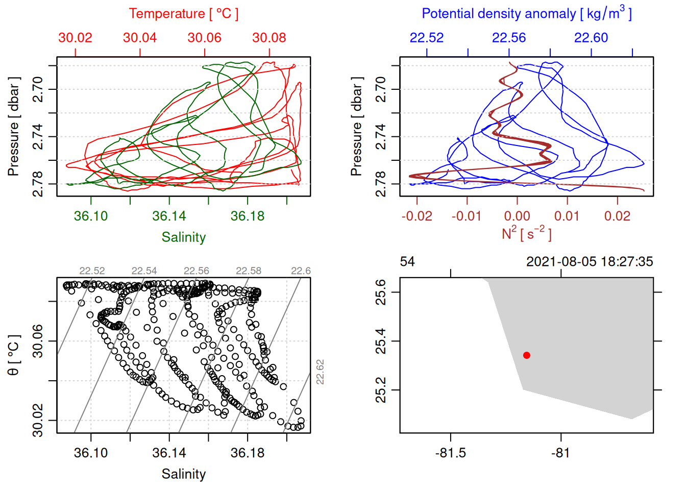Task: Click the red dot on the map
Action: (x=526, y=355)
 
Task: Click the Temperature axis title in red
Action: (x=183, y=14)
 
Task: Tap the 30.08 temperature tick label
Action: (x=269, y=38)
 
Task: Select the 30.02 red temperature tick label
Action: (x=75, y=38)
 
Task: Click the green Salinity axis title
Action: (x=183, y=237)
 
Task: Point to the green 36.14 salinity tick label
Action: (x=169, y=216)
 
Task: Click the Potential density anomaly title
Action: (x=526, y=14)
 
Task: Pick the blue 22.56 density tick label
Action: (x=509, y=38)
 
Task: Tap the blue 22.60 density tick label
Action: (x=591, y=38)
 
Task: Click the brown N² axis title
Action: (x=526, y=234)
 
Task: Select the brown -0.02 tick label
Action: (x=416, y=216)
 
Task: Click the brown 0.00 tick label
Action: (x=517, y=216)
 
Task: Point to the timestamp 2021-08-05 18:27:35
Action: (x=590, y=262)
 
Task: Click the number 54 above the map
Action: (x=407, y=262)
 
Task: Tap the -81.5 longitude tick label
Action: (x=450, y=453)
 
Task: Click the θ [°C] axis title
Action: (x=14, y=355)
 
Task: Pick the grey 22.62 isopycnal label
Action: (x=320, y=372)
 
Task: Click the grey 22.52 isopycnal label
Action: (x=92, y=271)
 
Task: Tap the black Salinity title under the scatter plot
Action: (x=183, y=474)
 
